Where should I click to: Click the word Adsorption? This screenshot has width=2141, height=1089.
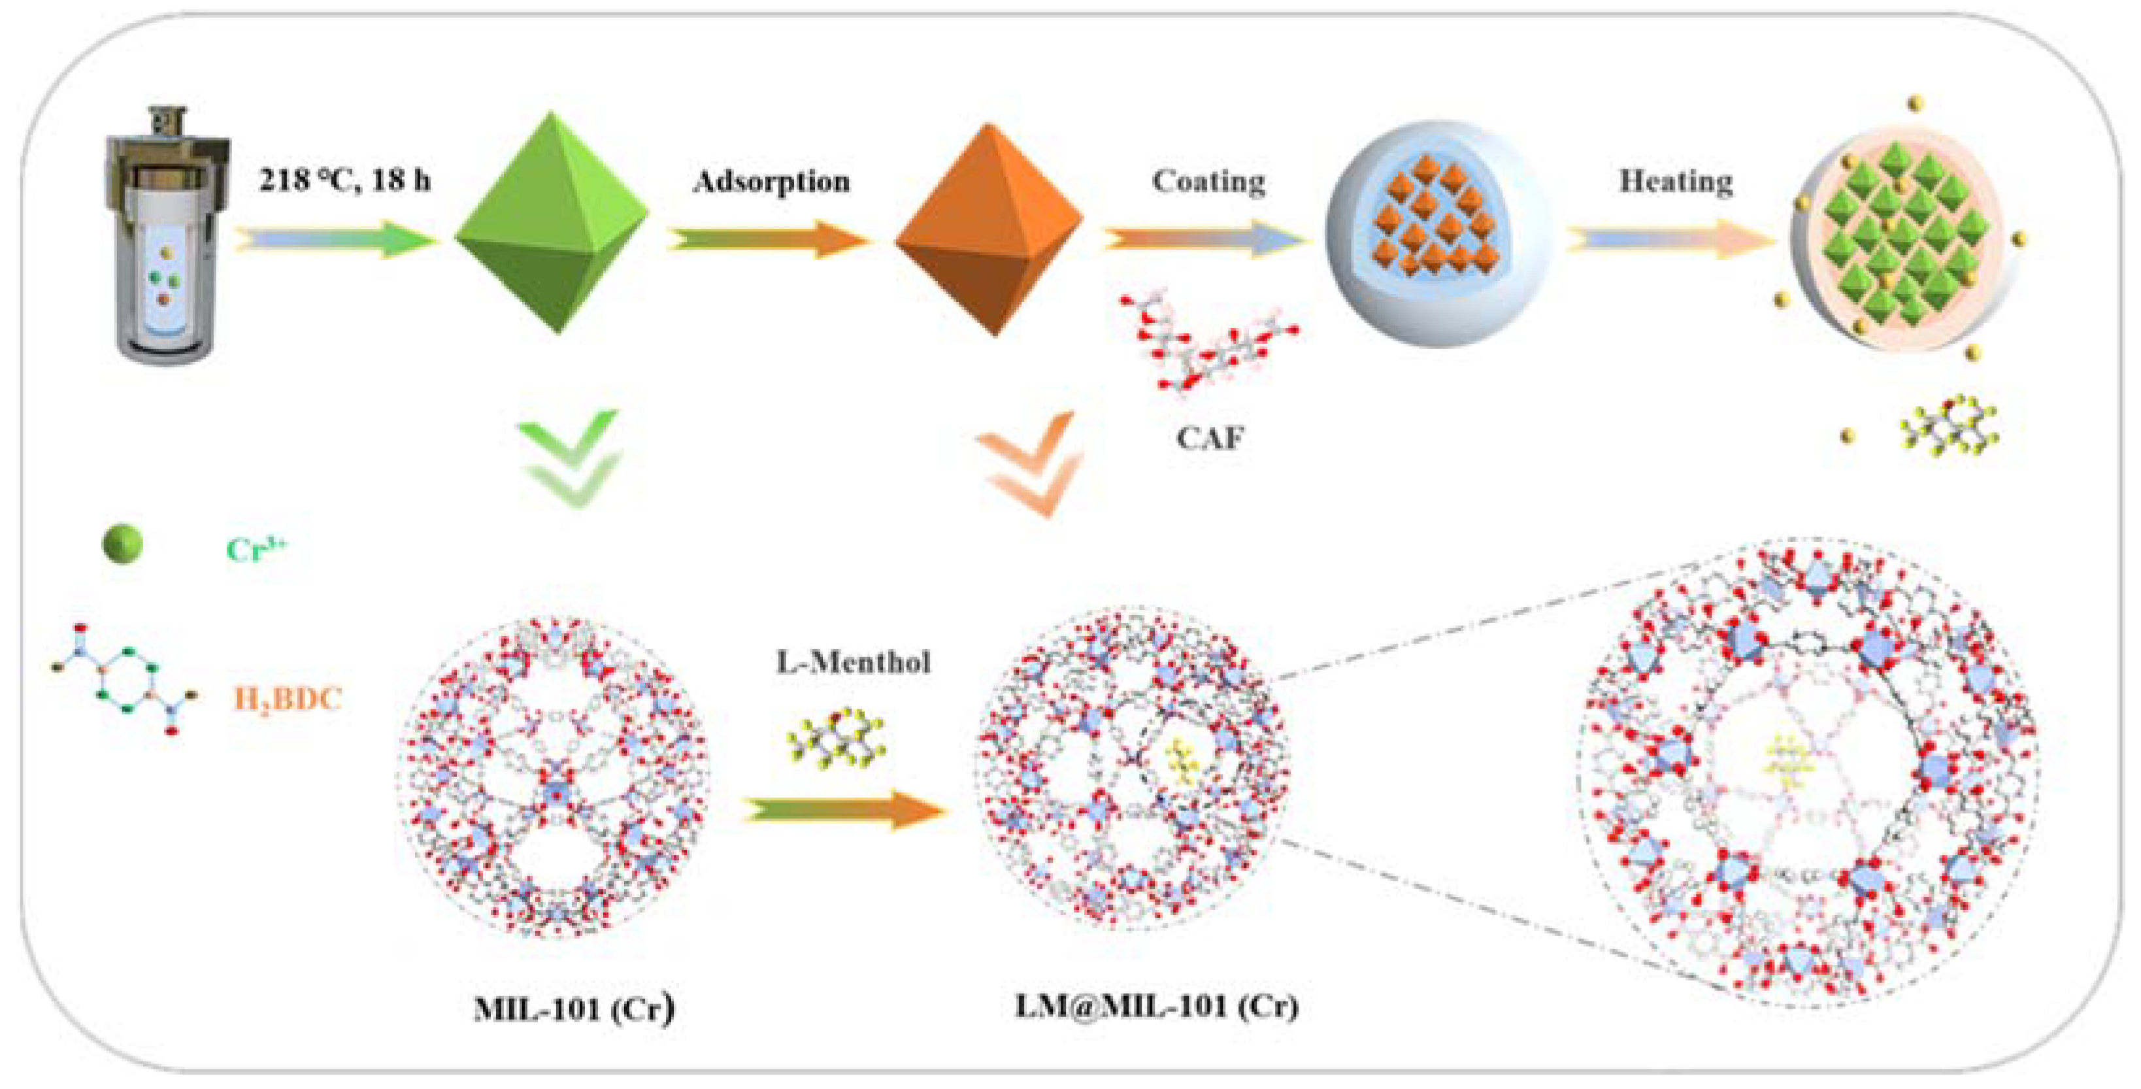pos(771,181)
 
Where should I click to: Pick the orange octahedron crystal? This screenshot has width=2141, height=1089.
pos(989,229)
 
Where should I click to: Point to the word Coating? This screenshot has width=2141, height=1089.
pos(1208,181)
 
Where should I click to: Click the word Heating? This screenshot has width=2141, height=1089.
pos(1676,181)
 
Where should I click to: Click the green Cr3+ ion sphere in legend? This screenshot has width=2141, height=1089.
pos(123,544)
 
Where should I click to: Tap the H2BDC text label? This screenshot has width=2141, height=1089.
pos(288,698)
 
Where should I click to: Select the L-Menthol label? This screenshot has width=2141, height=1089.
pos(854,663)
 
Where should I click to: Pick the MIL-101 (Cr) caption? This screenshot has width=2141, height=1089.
pos(574,1009)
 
